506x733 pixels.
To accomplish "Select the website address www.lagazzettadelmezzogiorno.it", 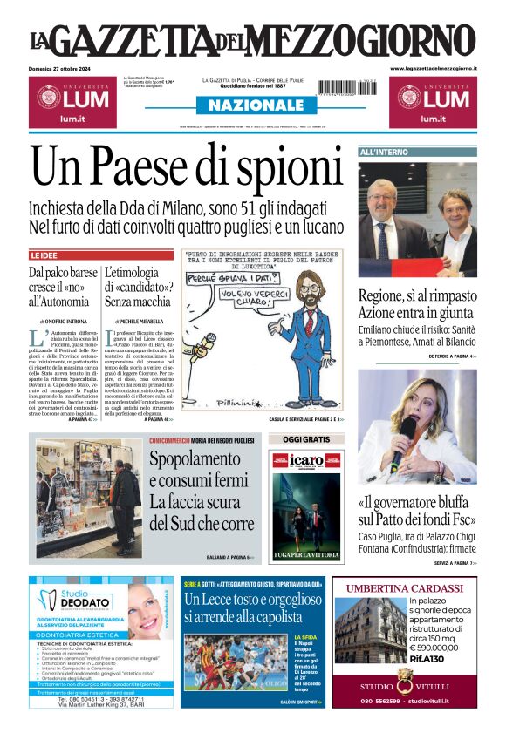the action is [433, 68].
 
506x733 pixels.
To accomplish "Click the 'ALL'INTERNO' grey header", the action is [385, 153].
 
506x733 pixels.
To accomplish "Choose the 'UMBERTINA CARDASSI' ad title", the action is [405, 587].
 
